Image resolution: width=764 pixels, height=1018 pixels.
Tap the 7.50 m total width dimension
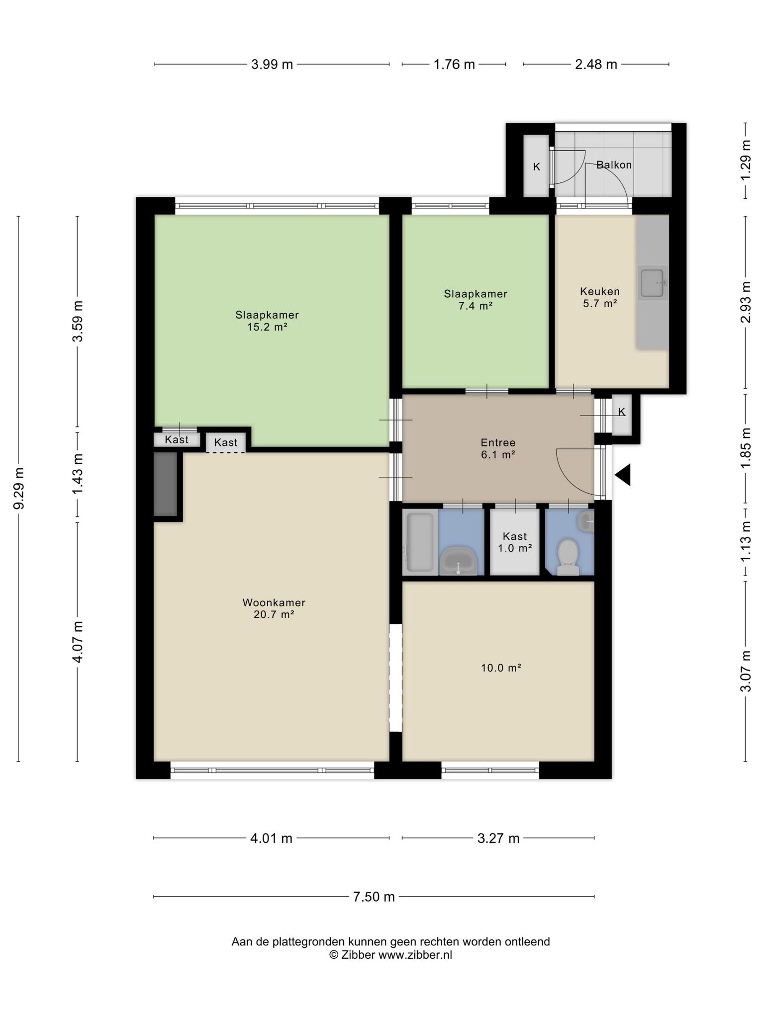(x=374, y=897)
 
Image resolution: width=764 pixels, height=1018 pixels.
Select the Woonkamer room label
(x=274, y=602)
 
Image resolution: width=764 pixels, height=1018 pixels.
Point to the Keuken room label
(x=600, y=292)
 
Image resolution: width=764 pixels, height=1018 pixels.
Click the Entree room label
(x=498, y=442)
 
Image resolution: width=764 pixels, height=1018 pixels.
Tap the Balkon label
(x=614, y=165)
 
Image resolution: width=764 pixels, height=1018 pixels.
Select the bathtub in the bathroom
(x=420, y=542)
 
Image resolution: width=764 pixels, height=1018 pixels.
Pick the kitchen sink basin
(x=652, y=283)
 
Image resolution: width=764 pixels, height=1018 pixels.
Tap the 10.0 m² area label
(x=501, y=668)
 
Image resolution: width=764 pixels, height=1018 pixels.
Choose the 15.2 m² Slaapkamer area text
(x=267, y=327)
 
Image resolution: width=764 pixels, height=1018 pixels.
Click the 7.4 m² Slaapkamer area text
(x=476, y=306)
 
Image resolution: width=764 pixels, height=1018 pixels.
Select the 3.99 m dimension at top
(x=272, y=64)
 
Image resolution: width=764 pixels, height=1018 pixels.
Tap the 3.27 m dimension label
(x=498, y=839)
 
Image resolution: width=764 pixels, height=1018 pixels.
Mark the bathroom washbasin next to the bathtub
(x=459, y=561)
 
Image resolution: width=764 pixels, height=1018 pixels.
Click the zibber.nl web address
(x=415, y=955)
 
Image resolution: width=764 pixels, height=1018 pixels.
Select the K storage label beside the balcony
(x=537, y=167)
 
